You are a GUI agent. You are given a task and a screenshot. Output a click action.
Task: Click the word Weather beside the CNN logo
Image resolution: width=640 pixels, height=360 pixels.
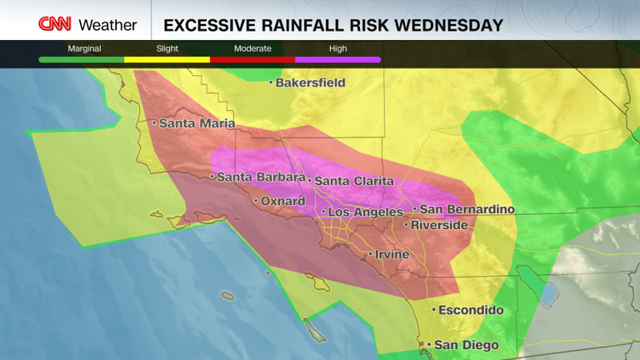point(107,25)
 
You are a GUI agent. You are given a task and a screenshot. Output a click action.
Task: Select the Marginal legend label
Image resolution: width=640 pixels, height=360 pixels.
point(84,48)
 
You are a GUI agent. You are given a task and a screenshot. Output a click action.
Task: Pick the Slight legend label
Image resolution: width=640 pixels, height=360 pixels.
point(167,48)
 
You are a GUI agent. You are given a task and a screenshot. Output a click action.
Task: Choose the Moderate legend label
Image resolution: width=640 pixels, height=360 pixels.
point(252,48)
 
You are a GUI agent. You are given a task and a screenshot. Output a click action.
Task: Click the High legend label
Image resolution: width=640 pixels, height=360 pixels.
point(337,48)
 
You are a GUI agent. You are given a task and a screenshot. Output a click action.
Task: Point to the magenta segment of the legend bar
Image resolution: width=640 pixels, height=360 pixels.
point(337,60)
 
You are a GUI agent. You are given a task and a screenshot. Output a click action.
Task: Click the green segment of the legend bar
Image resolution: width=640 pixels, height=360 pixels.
point(82,60)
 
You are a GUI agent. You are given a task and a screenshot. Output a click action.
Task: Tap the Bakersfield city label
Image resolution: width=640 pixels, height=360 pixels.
point(310,82)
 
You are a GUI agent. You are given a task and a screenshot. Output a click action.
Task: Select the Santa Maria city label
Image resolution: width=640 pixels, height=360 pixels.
point(197,123)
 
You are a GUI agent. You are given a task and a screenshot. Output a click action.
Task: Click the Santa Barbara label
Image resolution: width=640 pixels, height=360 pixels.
point(261,177)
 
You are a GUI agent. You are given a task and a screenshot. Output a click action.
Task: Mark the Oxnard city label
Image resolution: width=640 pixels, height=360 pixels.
point(284,201)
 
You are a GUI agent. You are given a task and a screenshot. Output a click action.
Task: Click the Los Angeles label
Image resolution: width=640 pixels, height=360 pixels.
point(365,212)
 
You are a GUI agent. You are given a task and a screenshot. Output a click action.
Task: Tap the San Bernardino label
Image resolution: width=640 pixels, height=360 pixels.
point(467,209)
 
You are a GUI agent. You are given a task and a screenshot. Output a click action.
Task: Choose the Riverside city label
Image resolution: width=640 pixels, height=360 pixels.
point(439,225)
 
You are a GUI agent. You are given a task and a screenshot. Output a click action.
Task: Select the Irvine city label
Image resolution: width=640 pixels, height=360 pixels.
point(392,254)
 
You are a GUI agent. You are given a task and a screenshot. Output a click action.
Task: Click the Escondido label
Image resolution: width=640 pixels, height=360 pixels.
point(472,310)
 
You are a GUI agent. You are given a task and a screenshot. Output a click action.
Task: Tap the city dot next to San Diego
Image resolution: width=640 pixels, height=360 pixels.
point(429,344)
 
